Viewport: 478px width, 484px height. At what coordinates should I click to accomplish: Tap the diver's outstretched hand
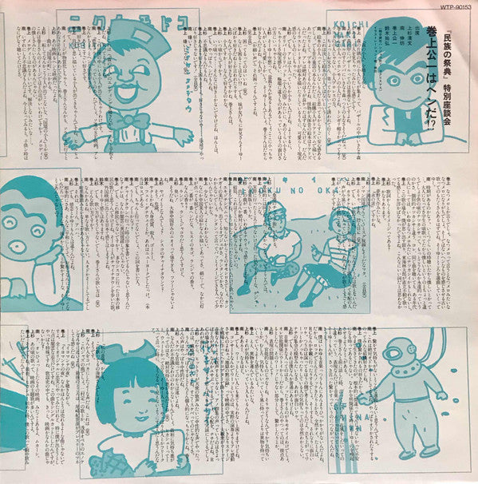(x=363, y=397)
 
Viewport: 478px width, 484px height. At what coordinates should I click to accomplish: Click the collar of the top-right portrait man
(x=391, y=132)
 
